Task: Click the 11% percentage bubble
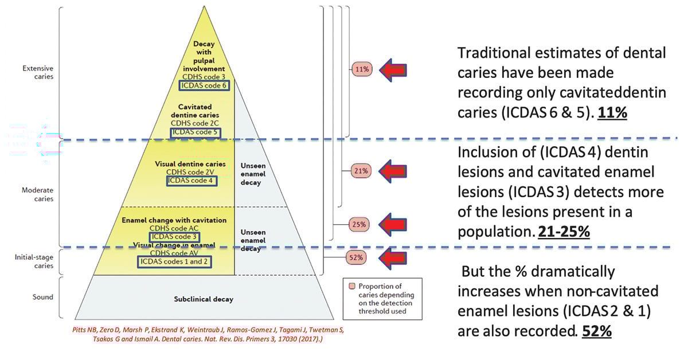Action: tap(362, 69)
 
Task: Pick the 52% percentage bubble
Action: tap(356, 257)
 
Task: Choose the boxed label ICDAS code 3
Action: tap(175, 236)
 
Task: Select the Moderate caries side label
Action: tap(37, 194)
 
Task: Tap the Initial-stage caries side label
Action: tap(34, 261)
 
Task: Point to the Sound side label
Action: tap(43, 297)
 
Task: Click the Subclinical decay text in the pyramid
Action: tap(203, 299)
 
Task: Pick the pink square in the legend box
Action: tap(351, 286)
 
